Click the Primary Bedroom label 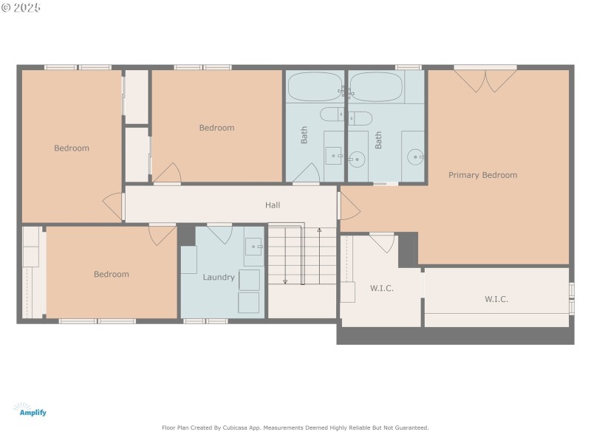point(482,175)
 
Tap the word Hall point(273,205)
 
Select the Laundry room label point(219,278)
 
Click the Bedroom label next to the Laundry point(111,275)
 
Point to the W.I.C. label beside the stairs point(381,288)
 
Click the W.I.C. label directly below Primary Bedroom point(496,299)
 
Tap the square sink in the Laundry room point(253,247)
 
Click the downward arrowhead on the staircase point(285,281)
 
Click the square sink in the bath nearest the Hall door point(334,156)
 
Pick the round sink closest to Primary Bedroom point(417,157)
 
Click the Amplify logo point(33,410)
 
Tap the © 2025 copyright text point(21,7)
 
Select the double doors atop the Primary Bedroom point(485,79)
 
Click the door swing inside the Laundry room point(219,233)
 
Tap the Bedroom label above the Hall point(216,128)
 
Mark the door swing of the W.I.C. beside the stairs point(382,243)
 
